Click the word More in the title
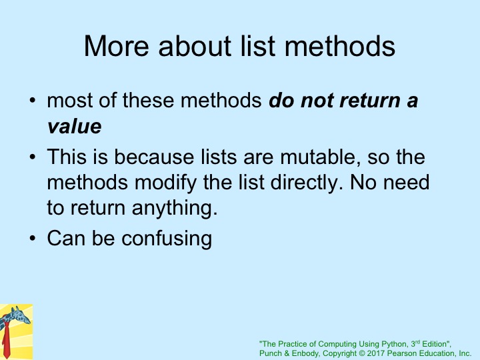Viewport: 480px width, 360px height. [x=116, y=46]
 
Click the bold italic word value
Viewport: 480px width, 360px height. [x=75, y=126]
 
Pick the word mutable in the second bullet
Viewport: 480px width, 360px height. [x=320, y=157]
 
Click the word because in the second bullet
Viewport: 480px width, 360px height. [x=154, y=157]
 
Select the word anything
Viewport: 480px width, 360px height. [x=175, y=209]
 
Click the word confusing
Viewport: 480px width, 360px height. [x=167, y=239]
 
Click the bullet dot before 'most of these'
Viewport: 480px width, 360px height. [x=33, y=101]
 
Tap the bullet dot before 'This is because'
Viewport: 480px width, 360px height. [x=33, y=157]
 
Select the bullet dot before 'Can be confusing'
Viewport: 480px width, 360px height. [x=33, y=238]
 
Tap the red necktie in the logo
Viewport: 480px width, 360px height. [x=6, y=341]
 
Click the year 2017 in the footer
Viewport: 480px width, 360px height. [x=376, y=353]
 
